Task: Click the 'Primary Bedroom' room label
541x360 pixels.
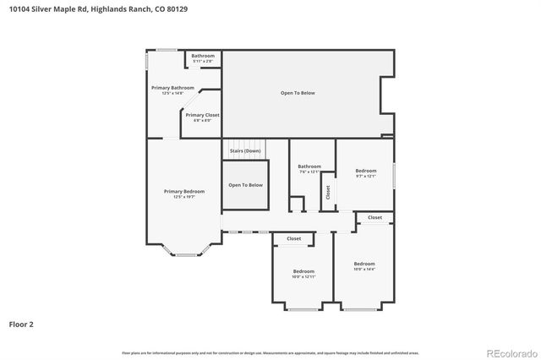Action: click(x=183, y=191)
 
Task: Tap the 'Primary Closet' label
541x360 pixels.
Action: click(x=203, y=115)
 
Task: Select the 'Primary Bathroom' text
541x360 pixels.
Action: click(x=172, y=88)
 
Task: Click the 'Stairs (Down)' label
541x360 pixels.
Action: click(x=245, y=150)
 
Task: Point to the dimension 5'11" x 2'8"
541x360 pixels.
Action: click(x=203, y=61)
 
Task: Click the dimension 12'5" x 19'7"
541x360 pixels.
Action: click(x=183, y=197)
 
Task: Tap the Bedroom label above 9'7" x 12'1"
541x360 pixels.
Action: click(x=365, y=171)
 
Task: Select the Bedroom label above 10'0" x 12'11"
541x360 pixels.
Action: click(x=303, y=271)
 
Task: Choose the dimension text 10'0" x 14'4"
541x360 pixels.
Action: click(x=364, y=270)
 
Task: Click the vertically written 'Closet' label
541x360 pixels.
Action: click(x=328, y=193)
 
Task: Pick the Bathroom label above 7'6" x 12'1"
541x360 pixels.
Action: click(x=309, y=166)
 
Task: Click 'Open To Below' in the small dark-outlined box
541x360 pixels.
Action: click(x=246, y=185)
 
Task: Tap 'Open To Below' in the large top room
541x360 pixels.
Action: click(x=298, y=92)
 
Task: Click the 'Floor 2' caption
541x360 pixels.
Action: click(x=22, y=324)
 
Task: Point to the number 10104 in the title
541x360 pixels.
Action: click(x=19, y=9)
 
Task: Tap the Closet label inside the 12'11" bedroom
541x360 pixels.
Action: click(x=293, y=238)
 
